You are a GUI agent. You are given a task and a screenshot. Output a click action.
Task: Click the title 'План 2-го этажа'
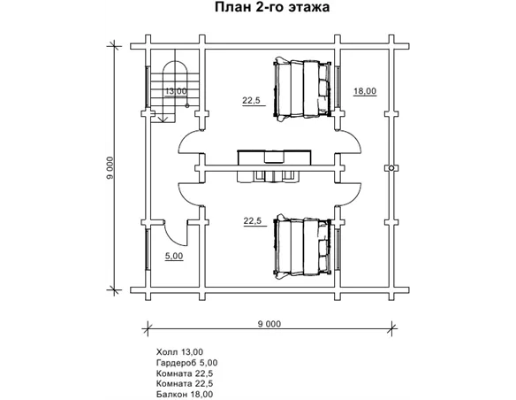[272, 7]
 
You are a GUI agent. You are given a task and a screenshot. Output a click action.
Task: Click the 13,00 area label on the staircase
[176, 91]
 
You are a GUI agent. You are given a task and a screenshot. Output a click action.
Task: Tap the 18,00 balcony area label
[365, 91]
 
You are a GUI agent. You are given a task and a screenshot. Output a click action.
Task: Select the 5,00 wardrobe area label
[174, 256]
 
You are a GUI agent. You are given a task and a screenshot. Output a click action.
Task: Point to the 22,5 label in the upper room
[252, 101]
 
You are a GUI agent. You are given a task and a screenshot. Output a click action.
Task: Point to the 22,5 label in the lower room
[253, 221]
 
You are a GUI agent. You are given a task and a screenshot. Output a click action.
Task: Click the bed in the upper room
[302, 88]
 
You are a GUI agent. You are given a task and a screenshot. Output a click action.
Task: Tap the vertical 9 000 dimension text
[110, 168]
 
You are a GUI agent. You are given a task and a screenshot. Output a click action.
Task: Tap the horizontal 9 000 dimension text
[269, 324]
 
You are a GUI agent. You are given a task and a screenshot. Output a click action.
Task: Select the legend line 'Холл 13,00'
[179, 352]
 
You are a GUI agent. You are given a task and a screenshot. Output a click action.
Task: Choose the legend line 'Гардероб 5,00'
[186, 363]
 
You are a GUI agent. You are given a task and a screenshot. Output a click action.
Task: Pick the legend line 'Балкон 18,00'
[185, 394]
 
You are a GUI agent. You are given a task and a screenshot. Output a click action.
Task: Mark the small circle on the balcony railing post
[391, 168]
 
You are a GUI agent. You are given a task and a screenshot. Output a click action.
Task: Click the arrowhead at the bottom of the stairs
[162, 119]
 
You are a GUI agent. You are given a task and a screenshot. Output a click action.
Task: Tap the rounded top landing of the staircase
[176, 65]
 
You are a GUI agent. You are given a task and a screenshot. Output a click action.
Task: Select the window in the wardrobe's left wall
[148, 250]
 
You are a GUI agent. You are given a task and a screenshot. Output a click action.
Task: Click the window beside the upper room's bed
[338, 87]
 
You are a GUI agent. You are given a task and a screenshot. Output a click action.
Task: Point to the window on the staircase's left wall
[148, 87]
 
